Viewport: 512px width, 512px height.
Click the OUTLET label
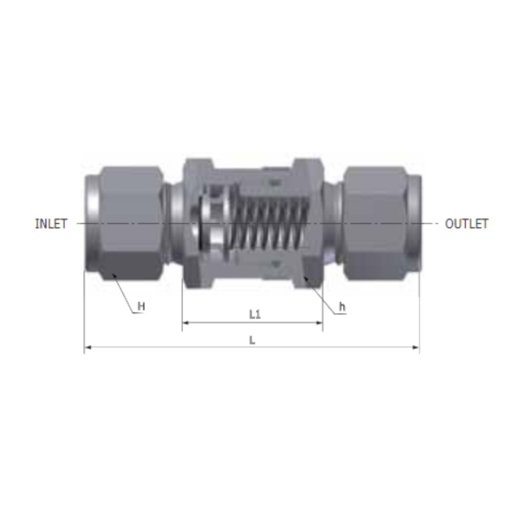pyautogui.click(x=466, y=224)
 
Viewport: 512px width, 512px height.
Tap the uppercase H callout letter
pyautogui.click(x=142, y=306)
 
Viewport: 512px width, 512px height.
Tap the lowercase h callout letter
pyautogui.click(x=342, y=306)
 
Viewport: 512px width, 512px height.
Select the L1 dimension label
pyautogui.click(x=254, y=313)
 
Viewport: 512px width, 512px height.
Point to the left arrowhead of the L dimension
pyautogui.click(x=88, y=349)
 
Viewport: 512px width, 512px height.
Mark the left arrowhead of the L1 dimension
pyautogui.click(x=185, y=324)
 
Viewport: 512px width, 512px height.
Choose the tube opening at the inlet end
pyautogui.click(x=91, y=223)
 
